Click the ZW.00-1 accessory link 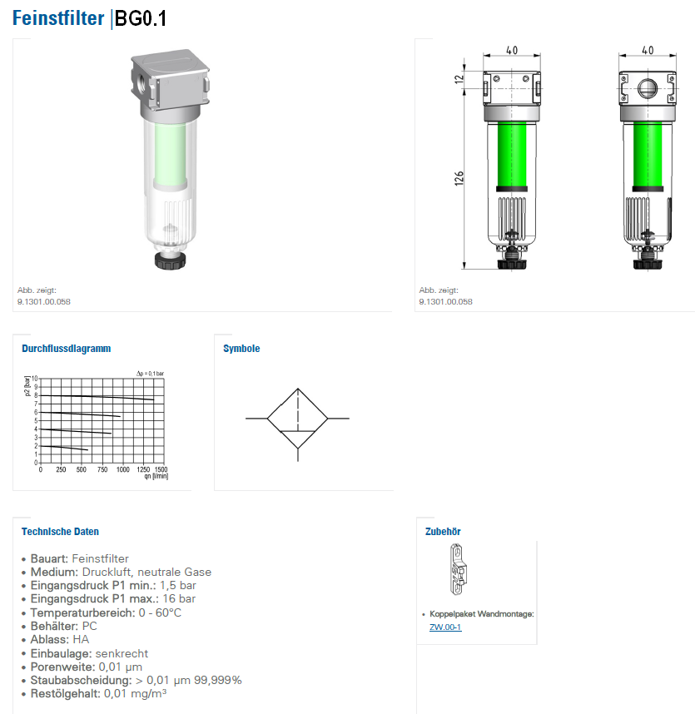pyautogui.click(x=445, y=627)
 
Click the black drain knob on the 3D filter pyautogui.click(x=170, y=260)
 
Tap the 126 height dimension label pyautogui.click(x=459, y=178)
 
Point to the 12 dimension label pyautogui.click(x=459, y=78)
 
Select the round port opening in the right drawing pyautogui.click(x=648, y=88)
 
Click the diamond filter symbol pyautogui.click(x=297, y=418)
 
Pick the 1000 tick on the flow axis pyautogui.click(x=123, y=469)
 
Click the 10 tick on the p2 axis pyautogui.click(x=35, y=379)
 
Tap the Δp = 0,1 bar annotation pyautogui.click(x=151, y=374)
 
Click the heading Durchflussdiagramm pyautogui.click(x=67, y=349)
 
